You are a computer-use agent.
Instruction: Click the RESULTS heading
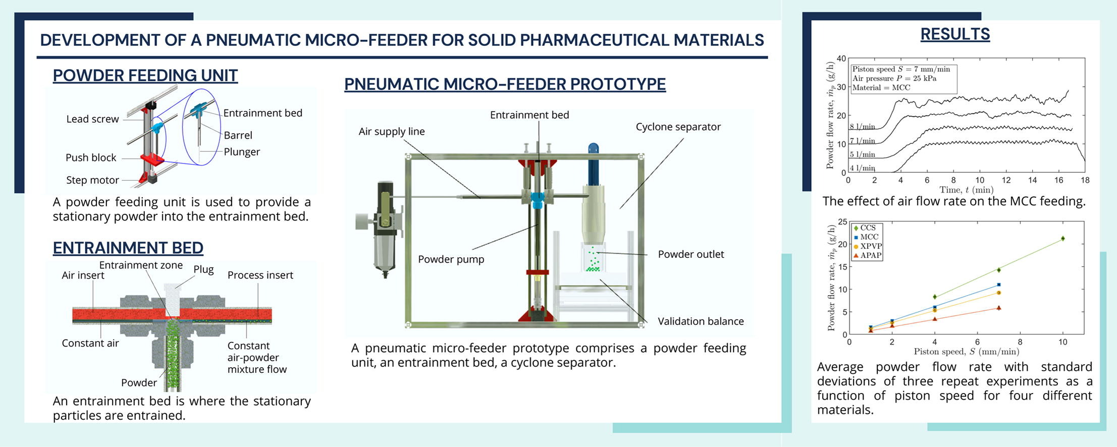tap(955, 34)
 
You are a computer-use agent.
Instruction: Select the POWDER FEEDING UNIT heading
tap(145, 76)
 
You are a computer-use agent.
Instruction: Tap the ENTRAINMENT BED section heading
tap(128, 248)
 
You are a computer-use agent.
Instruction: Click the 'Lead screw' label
tap(92, 119)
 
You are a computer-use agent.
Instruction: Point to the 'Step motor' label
tap(92, 180)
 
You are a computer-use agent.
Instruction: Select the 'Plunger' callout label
tap(242, 152)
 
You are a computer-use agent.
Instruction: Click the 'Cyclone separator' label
tap(678, 127)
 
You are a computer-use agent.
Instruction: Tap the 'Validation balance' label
tap(701, 321)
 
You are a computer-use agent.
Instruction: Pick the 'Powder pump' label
tap(451, 259)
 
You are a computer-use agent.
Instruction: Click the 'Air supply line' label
tap(392, 132)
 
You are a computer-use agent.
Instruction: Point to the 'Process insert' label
tap(260, 275)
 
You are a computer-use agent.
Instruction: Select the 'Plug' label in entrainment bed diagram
tap(203, 269)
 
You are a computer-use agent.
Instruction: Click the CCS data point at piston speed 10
tap(1062, 239)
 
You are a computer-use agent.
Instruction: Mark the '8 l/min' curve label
tap(862, 127)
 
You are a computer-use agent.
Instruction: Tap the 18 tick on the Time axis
tap(1085, 180)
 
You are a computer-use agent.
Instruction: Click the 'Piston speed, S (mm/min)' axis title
tap(966, 352)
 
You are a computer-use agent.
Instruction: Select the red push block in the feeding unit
tap(152, 160)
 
